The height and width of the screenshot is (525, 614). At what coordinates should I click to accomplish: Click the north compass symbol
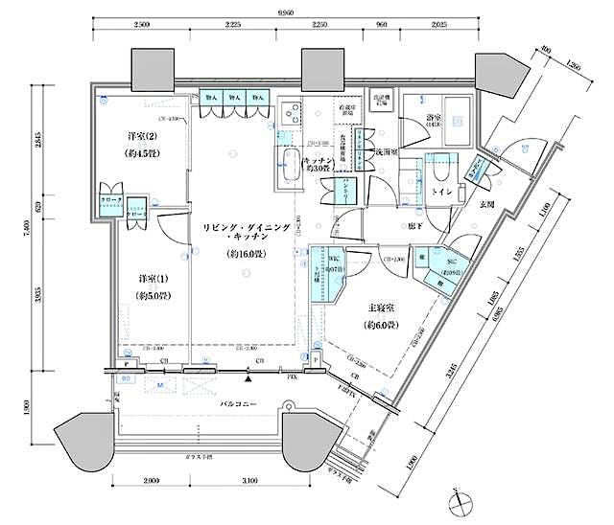point(461,501)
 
